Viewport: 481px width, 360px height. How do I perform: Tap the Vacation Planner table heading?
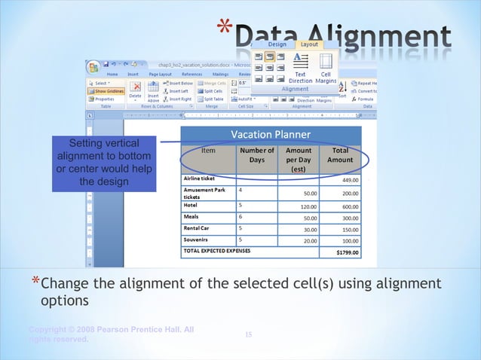(x=270, y=135)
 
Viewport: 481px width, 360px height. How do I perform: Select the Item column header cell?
(x=208, y=151)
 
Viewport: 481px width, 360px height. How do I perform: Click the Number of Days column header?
(x=256, y=155)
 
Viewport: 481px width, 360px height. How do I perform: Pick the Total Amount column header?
(x=339, y=155)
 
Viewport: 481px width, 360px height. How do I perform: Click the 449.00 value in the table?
(x=350, y=180)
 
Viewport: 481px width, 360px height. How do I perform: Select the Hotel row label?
(x=191, y=204)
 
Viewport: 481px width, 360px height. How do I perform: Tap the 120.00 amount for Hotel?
(x=307, y=206)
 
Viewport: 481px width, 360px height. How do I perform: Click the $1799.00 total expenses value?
(x=347, y=252)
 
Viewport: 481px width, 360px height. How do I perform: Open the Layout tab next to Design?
(x=309, y=44)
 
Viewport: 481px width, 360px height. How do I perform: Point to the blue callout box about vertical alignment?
(x=104, y=163)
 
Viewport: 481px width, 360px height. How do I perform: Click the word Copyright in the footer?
(x=46, y=330)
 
